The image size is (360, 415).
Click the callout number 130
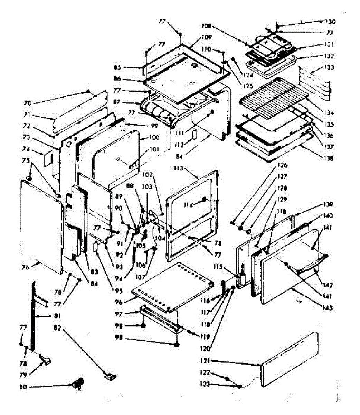pos(331,21)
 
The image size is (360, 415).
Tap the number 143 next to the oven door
pos(326,307)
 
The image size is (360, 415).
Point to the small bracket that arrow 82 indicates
pos(111,377)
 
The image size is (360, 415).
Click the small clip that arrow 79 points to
pos(45,360)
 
